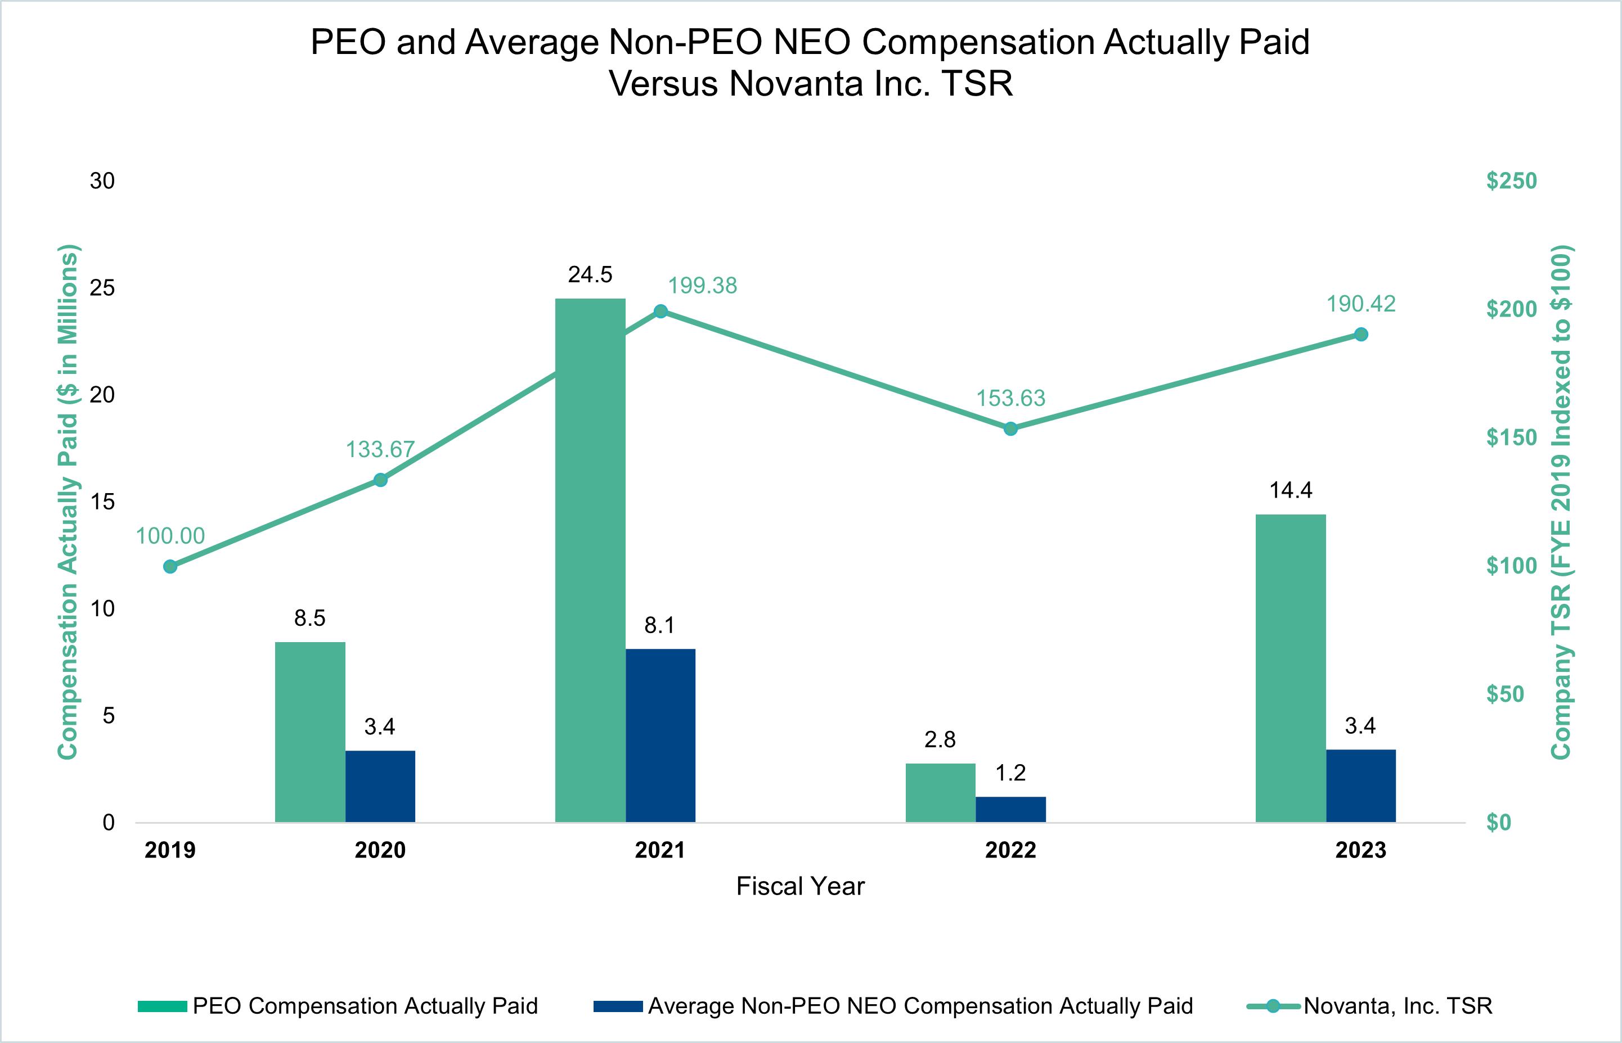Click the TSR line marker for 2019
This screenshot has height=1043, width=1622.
pyautogui.click(x=170, y=567)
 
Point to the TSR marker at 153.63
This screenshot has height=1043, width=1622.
pyautogui.click(x=1010, y=428)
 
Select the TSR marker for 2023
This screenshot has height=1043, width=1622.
pyautogui.click(x=1360, y=335)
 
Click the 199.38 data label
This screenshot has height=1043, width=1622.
pyautogui.click(x=702, y=286)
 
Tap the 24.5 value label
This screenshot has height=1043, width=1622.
pyautogui.click(x=590, y=274)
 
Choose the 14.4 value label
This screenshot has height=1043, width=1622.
pyautogui.click(x=1291, y=490)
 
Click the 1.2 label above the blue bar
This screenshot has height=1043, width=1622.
pyautogui.click(x=1010, y=773)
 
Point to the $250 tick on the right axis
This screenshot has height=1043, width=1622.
pyautogui.click(x=1511, y=181)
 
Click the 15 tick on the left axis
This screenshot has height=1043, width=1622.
pyautogui.click(x=102, y=502)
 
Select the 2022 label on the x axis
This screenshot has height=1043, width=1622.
pyautogui.click(x=1010, y=850)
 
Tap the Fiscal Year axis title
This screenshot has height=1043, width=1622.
pyautogui.click(x=800, y=887)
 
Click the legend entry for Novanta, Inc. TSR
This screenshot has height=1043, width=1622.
pyautogui.click(x=1397, y=1006)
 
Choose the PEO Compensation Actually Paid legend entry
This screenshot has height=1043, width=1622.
pyautogui.click(x=365, y=1006)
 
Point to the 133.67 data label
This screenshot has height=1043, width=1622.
pyautogui.click(x=380, y=449)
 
